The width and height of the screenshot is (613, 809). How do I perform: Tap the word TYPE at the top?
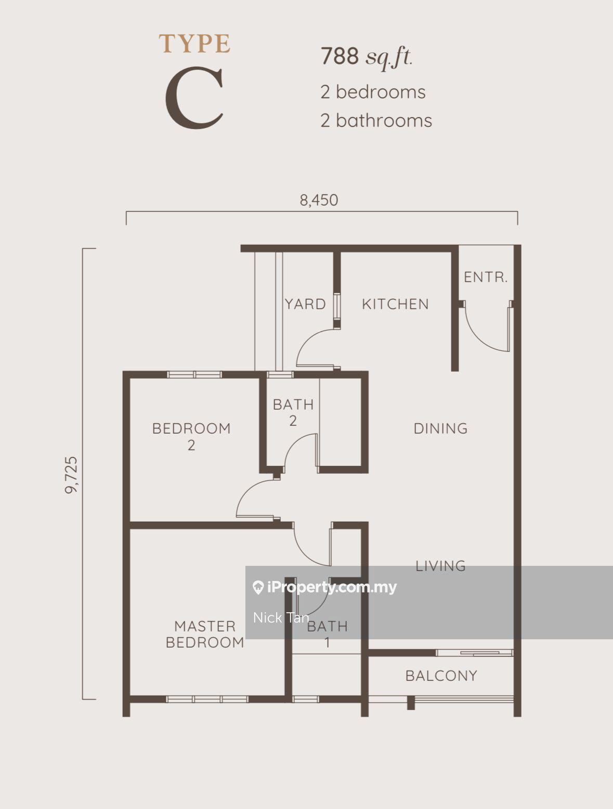click(x=194, y=44)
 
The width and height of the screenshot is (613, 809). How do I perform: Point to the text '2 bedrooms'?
click(x=373, y=92)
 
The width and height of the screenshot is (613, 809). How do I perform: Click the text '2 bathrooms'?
click(x=376, y=121)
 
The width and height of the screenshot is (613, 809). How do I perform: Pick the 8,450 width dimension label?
click(x=319, y=200)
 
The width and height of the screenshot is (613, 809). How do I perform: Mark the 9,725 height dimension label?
click(x=71, y=475)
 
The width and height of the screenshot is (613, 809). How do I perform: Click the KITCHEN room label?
click(x=395, y=305)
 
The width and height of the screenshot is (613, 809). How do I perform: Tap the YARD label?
click(x=305, y=305)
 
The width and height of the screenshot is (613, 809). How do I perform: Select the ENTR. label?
click(x=485, y=277)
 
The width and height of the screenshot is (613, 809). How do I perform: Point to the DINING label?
click(x=440, y=428)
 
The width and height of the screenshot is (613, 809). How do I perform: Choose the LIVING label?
click(x=440, y=566)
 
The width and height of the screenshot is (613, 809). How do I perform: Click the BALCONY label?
click(x=441, y=676)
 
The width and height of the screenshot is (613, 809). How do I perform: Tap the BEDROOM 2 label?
click(x=191, y=437)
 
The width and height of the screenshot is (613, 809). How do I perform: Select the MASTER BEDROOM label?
click(x=205, y=634)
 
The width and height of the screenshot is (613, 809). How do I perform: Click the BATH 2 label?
click(x=293, y=413)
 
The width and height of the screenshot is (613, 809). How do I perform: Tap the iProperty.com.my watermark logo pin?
click(x=258, y=588)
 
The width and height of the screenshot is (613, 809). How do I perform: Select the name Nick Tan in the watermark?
click(x=281, y=618)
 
